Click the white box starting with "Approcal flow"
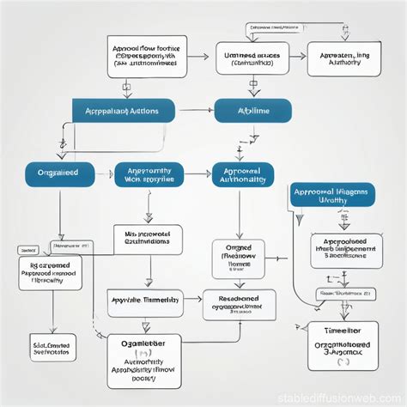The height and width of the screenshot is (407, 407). pos(145,56)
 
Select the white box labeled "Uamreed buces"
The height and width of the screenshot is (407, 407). pos(253,59)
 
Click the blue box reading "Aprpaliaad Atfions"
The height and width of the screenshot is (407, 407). pos(125,110)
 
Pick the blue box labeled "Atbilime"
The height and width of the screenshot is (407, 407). pos(253,110)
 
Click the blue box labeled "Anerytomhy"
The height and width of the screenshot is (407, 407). pos(149,175)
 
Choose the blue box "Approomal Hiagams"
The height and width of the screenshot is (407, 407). pos(333,195)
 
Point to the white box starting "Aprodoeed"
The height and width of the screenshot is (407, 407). pos(342,247)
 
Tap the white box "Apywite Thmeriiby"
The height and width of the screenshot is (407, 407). pos(145,300)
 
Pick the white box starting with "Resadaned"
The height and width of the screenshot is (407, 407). pos(240,304)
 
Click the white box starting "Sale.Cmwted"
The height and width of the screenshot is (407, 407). pos(52,346)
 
